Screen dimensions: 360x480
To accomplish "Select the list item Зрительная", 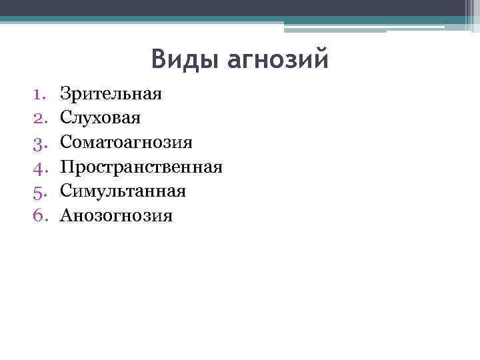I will point(111,93).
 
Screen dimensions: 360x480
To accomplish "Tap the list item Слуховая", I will point(100,118).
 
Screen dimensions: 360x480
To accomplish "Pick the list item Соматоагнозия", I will point(126,143).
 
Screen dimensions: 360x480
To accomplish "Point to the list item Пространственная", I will point(141,167).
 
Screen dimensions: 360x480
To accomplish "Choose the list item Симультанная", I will point(123,191).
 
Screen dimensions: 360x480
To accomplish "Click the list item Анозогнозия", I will point(116,216).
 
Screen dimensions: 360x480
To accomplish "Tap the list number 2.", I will point(39,118).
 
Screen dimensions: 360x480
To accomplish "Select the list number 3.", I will point(39,143).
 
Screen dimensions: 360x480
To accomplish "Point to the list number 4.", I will point(39,167).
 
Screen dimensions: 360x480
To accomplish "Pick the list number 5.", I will point(39,191).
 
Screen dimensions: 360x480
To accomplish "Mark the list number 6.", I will point(39,216).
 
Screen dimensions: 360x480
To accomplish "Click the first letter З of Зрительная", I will point(65,93).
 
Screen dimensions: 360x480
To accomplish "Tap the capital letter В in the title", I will point(159,59).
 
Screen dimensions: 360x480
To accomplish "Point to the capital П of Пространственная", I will point(67,167).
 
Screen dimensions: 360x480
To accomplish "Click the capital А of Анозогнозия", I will point(66,216).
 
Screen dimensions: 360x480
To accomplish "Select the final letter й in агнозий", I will point(322,58).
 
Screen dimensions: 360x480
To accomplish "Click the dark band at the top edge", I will point(240,7).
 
